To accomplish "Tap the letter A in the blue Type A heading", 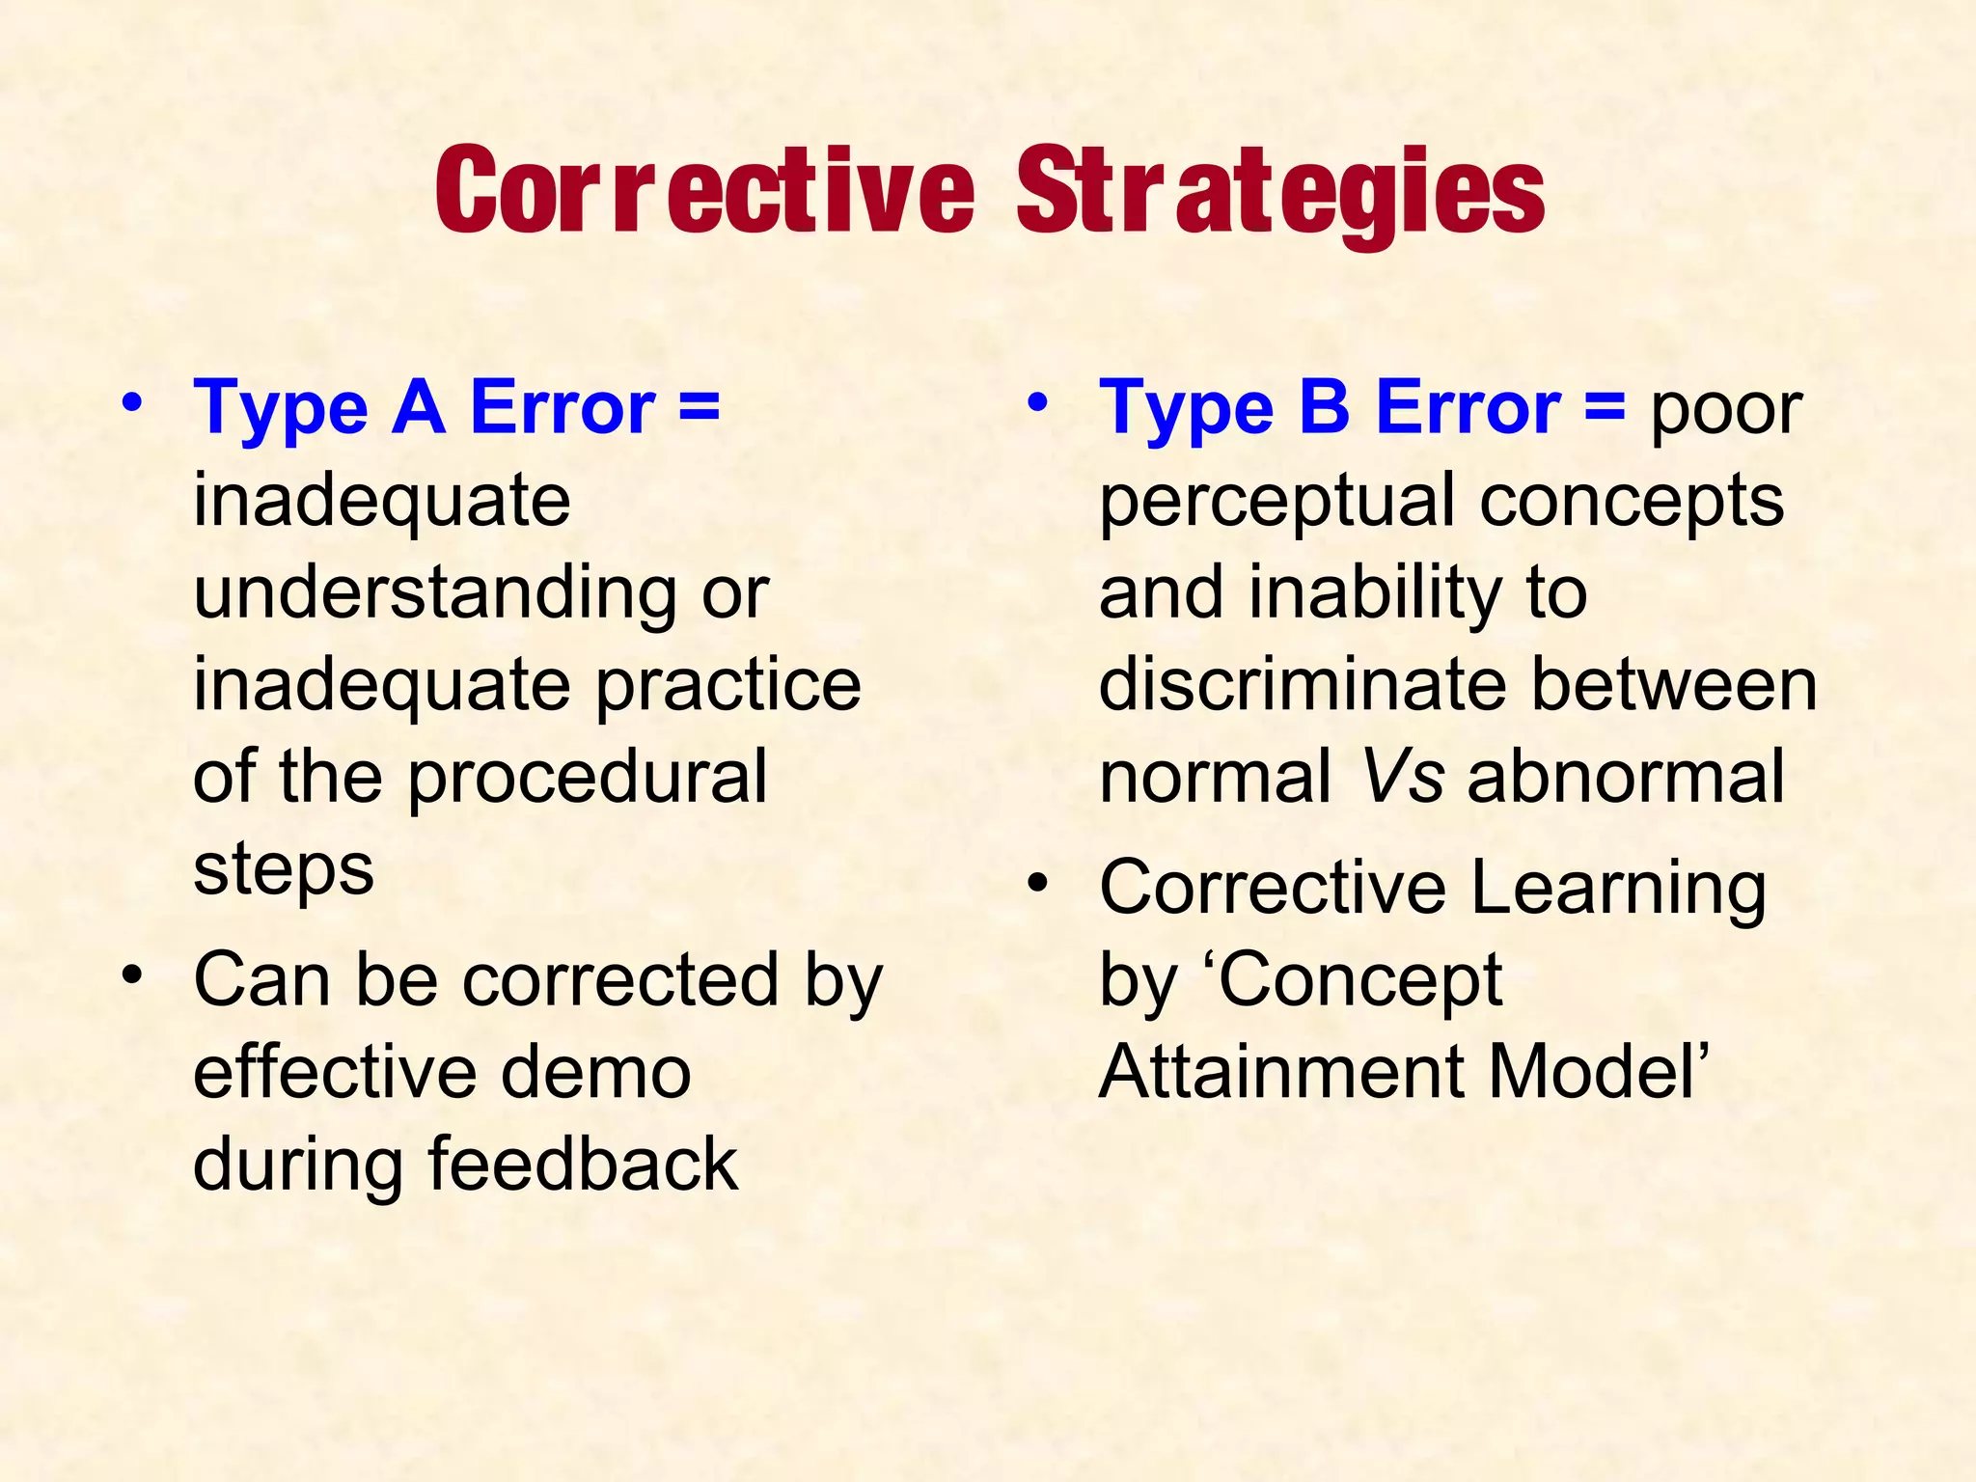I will click(x=419, y=407).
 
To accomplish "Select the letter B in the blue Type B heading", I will click(x=1324, y=407).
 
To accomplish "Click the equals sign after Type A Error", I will click(x=699, y=407).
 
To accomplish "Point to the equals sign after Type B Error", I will click(x=1605, y=407).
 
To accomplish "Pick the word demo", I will click(x=595, y=1073).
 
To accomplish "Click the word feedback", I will click(x=583, y=1165).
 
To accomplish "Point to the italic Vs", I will click(x=1402, y=778).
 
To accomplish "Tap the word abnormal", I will click(x=1626, y=778).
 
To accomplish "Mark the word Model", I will click(x=1592, y=1073).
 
